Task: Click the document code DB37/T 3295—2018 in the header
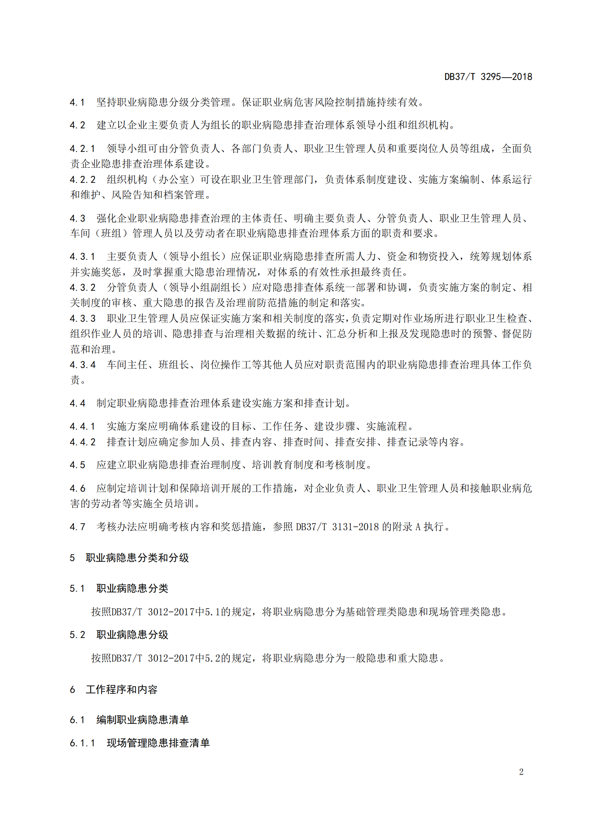point(488,77)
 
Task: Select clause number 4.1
point(77,103)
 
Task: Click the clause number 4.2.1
point(82,149)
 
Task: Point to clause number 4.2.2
point(82,179)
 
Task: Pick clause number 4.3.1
point(82,257)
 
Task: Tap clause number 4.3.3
point(82,318)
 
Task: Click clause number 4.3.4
point(82,365)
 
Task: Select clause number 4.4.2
point(82,442)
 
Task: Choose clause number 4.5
point(77,465)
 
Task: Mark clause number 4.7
point(77,527)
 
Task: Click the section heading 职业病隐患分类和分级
point(137,558)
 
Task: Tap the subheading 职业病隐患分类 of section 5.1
point(132,588)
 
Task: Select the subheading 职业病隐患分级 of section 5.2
point(132,635)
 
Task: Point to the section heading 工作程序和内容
point(122,689)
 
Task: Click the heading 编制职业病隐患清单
point(142,720)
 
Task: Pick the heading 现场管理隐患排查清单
point(158,743)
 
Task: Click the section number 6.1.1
point(82,743)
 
